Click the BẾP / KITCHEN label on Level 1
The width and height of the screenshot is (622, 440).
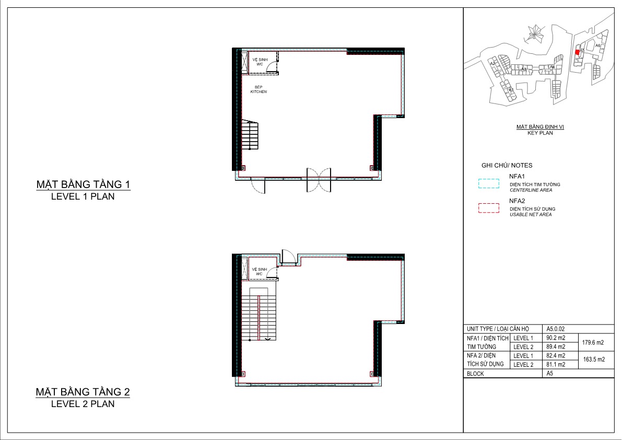point(258,89)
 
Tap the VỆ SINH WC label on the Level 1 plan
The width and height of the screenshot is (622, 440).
point(260,62)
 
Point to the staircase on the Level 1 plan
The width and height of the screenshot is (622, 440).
point(250,135)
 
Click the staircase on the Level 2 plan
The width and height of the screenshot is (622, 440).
point(259,314)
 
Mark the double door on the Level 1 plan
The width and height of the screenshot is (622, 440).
point(319,179)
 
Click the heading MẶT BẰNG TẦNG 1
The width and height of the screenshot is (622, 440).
point(83,184)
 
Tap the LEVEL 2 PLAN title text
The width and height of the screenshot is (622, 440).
point(83,403)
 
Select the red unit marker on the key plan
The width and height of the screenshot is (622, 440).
point(577,52)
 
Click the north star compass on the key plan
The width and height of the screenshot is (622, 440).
point(534,34)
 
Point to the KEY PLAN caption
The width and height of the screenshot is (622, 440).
point(540,133)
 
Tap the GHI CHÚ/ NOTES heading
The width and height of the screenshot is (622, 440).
point(507,165)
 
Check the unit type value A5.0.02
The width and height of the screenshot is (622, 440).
point(555,329)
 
